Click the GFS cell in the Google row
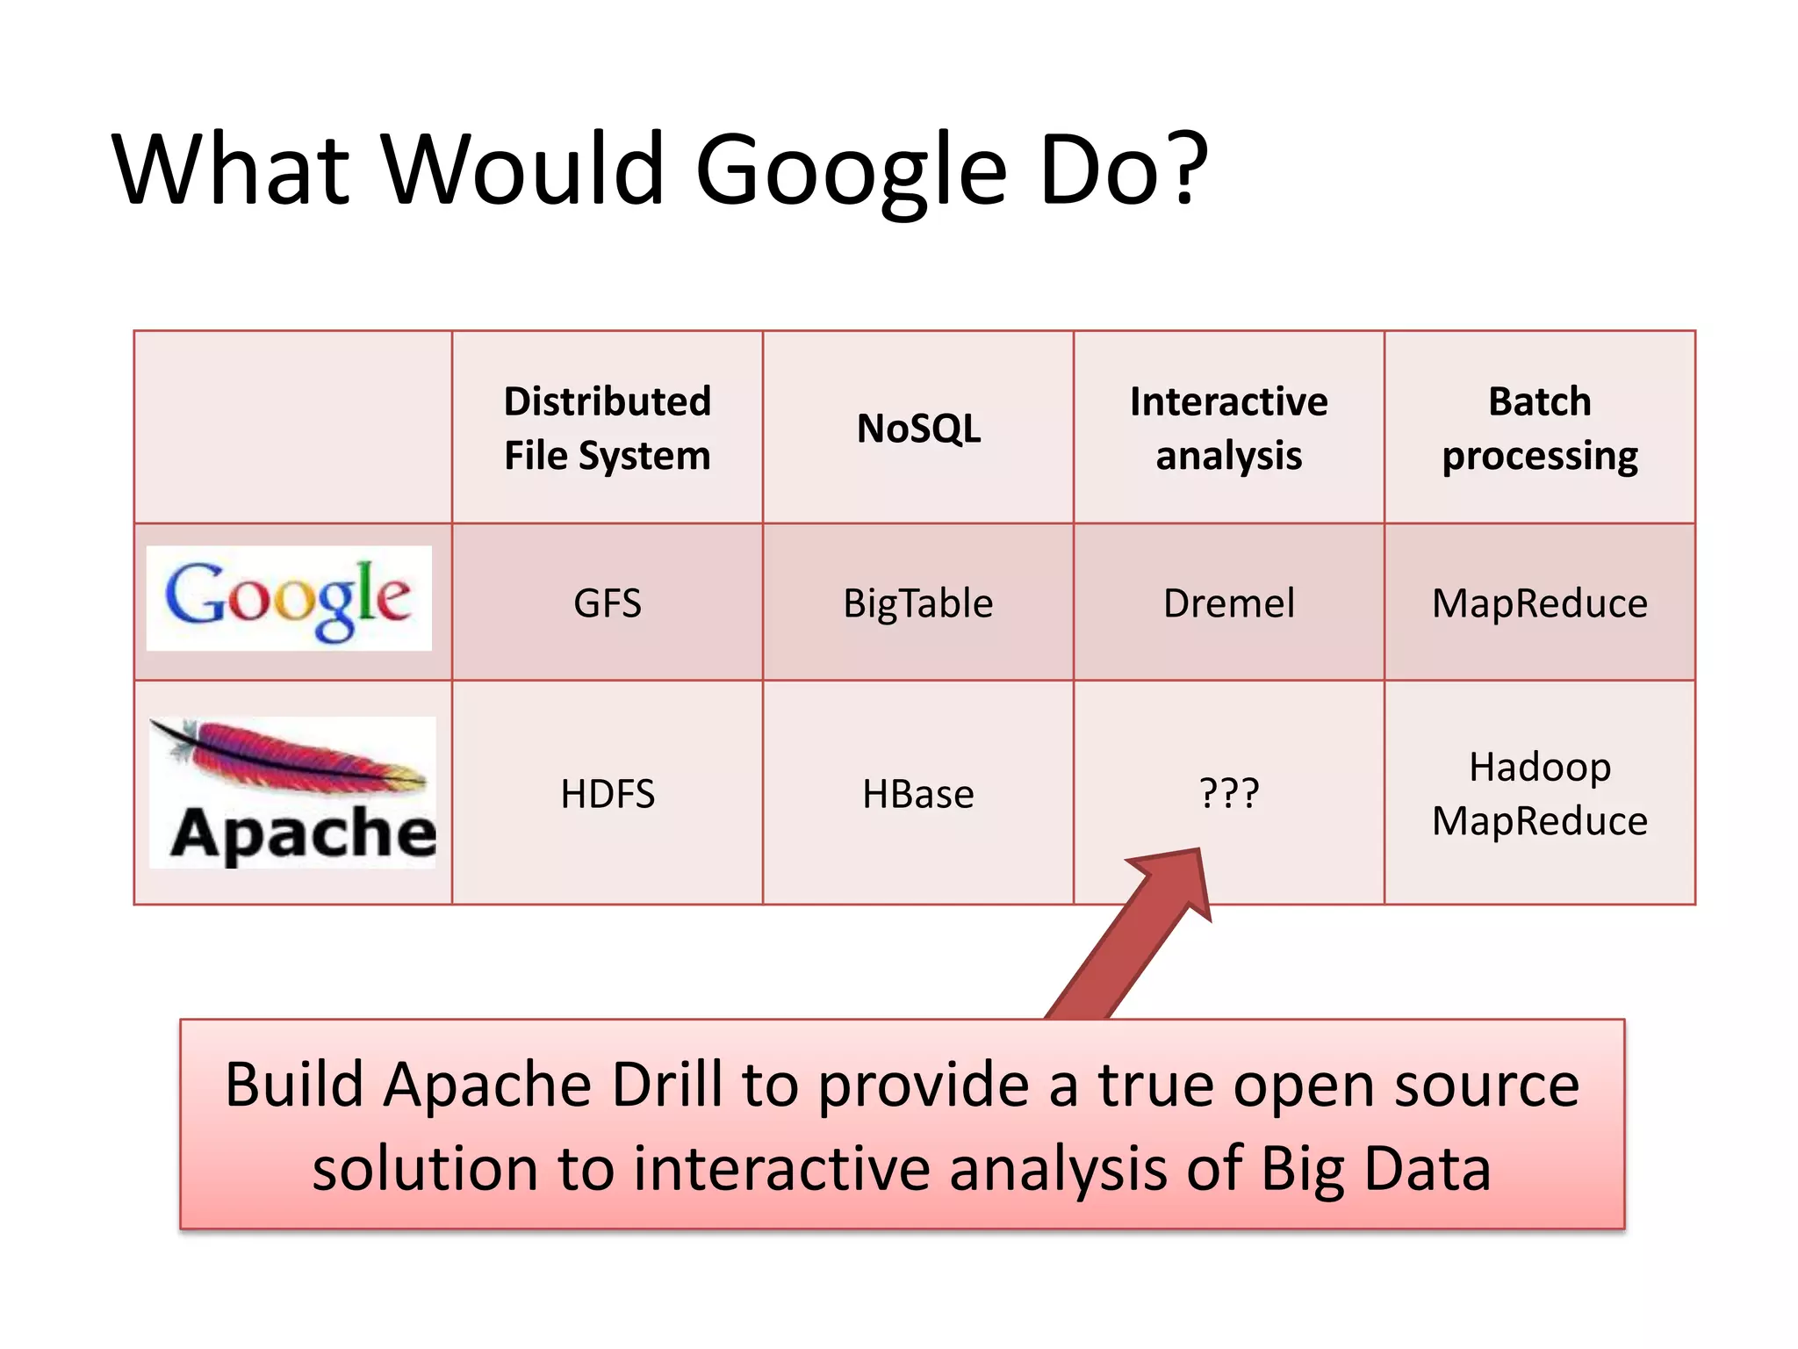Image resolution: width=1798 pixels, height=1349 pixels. pyautogui.click(x=608, y=603)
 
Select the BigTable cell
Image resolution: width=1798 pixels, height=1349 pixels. pyautogui.click(x=918, y=603)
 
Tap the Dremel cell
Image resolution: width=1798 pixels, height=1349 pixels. pyautogui.click(x=1229, y=603)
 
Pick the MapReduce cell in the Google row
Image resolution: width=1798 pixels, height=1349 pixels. pyautogui.click(x=1540, y=603)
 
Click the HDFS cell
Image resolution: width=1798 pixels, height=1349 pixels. pyautogui.click(x=608, y=794)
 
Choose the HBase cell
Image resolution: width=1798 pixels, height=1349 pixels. pyautogui.click(x=918, y=794)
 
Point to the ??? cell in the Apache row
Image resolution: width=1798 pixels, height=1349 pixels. pyautogui.click(x=1229, y=793)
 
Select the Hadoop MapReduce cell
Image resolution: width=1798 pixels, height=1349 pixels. pyautogui.click(x=1540, y=794)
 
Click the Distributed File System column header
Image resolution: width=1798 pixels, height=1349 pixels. pyautogui.click(x=608, y=429)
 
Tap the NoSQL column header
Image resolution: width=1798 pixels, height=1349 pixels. pyautogui.click(x=918, y=429)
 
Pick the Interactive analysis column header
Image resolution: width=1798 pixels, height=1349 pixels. pyautogui.click(x=1229, y=429)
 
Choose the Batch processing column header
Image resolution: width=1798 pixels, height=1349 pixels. pyautogui.click(x=1540, y=429)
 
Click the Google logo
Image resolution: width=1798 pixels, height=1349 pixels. pyautogui.click(x=289, y=598)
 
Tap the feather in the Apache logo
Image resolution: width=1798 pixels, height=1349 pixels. pyautogui.click(x=290, y=756)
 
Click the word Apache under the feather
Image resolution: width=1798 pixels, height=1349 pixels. pyautogui.click(x=304, y=833)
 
